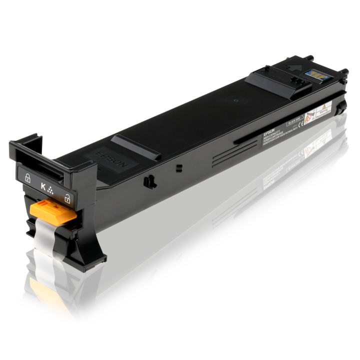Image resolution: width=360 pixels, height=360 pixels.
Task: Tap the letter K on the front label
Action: tap(43, 189)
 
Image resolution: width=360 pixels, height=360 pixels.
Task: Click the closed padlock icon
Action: tap(26, 176)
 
